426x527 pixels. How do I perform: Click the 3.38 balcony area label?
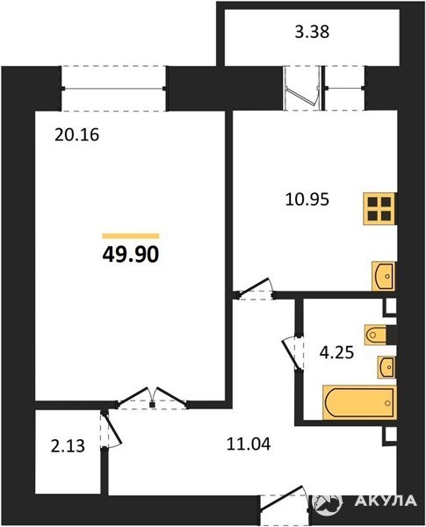tap(312, 32)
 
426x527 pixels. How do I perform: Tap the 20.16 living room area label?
tap(77, 135)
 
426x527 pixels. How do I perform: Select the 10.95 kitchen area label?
tap(307, 199)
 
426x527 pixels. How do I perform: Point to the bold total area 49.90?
tap(131, 255)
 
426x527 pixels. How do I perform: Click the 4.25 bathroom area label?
tap(337, 353)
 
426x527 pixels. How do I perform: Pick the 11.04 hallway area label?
tap(249, 444)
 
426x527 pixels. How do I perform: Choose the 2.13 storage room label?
tap(68, 447)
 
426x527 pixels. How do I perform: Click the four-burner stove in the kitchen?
tap(379, 208)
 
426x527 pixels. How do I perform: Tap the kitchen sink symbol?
tap(384, 277)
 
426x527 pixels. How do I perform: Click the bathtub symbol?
tap(359, 402)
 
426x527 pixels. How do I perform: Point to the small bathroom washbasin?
tap(386, 367)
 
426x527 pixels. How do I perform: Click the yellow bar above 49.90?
tap(131, 236)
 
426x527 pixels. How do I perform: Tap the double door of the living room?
tap(152, 398)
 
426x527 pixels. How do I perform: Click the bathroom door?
tap(292, 353)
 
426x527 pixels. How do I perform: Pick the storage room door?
tap(111, 430)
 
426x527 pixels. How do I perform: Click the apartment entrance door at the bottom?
tap(285, 505)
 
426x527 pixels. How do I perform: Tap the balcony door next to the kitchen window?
tap(301, 88)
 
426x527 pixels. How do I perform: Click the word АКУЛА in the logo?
tap(386, 501)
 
